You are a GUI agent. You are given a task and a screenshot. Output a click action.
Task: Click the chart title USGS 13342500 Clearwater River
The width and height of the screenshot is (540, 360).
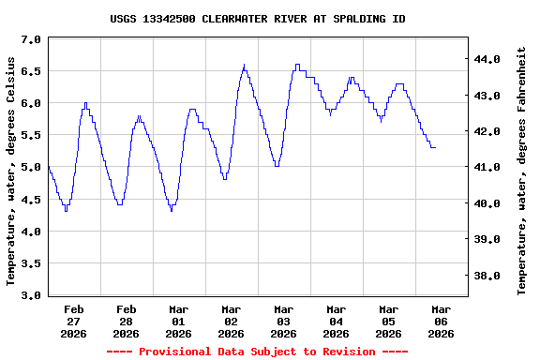point(258,19)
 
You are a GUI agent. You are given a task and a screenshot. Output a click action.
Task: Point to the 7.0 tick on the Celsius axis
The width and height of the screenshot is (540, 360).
point(31,40)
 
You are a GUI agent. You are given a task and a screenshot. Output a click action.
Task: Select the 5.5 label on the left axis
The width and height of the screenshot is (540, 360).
point(31,136)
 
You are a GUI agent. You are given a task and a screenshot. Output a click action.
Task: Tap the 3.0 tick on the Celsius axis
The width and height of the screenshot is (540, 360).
point(31,296)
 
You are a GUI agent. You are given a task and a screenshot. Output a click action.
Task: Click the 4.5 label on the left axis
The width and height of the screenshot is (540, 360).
point(31,200)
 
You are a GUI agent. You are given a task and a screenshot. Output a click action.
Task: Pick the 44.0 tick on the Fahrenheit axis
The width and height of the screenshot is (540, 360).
point(488,59)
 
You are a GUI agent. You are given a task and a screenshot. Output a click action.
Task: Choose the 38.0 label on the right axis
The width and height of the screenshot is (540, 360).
point(488,277)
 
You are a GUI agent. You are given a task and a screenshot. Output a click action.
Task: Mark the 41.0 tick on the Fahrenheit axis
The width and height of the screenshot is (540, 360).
point(488,168)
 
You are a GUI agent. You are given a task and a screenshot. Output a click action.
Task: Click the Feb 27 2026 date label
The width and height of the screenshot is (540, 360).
point(74,321)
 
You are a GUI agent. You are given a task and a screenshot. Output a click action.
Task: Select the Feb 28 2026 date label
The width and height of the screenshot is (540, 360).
point(127,321)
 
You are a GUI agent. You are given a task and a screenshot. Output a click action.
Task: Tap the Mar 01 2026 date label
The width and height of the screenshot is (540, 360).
point(179,321)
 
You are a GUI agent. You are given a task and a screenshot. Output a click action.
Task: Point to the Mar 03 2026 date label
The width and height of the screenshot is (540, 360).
point(284,321)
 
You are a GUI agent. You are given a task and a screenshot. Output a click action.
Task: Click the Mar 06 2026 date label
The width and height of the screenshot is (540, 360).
point(441,321)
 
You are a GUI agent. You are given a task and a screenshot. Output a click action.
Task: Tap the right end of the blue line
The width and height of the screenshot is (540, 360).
point(435,147)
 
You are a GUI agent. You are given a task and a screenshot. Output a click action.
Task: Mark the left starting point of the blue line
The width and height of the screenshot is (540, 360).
point(48,167)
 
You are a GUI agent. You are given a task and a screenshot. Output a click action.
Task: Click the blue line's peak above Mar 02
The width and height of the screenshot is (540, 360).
point(244,66)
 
